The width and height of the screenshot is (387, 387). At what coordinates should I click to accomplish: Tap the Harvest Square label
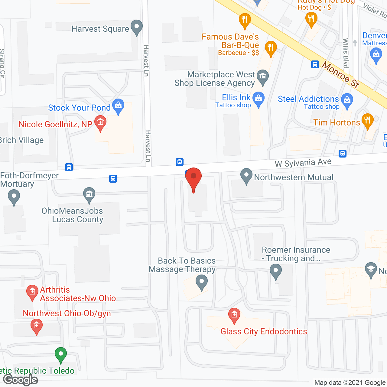click(x=100, y=29)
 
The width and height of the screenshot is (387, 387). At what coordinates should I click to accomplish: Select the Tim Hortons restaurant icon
click(x=367, y=120)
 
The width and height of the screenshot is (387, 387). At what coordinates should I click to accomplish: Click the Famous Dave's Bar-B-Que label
click(x=230, y=41)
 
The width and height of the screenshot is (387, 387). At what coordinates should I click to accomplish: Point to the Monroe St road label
click(x=340, y=74)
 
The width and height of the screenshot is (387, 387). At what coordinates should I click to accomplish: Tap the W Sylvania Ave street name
click(x=303, y=163)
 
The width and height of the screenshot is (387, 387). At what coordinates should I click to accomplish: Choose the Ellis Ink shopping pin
click(x=259, y=99)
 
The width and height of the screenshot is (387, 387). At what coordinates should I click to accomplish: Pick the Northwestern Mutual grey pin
click(x=246, y=176)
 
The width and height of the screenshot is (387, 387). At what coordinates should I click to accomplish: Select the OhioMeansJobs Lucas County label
click(x=73, y=215)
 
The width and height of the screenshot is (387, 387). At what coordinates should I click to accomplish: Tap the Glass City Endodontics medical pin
click(x=234, y=315)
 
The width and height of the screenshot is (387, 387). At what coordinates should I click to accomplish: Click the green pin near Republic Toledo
click(x=61, y=354)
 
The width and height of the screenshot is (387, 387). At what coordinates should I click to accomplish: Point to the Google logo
click(x=21, y=380)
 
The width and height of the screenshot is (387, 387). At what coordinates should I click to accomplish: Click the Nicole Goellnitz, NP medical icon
click(x=100, y=123)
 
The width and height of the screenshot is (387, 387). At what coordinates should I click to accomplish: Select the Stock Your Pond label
click(x=79, y=108)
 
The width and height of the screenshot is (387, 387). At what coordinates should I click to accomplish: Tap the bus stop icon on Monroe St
click(x=315, y=64)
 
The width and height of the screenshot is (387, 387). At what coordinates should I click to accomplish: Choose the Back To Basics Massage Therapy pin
click(x=202, y=283)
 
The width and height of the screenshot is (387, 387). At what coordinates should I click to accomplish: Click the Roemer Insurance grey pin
click(x=275, y=271)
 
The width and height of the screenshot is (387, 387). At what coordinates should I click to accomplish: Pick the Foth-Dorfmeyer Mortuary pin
click(x=14, y=197)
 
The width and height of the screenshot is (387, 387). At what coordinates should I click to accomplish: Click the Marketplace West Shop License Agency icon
click(x=263, y=77)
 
